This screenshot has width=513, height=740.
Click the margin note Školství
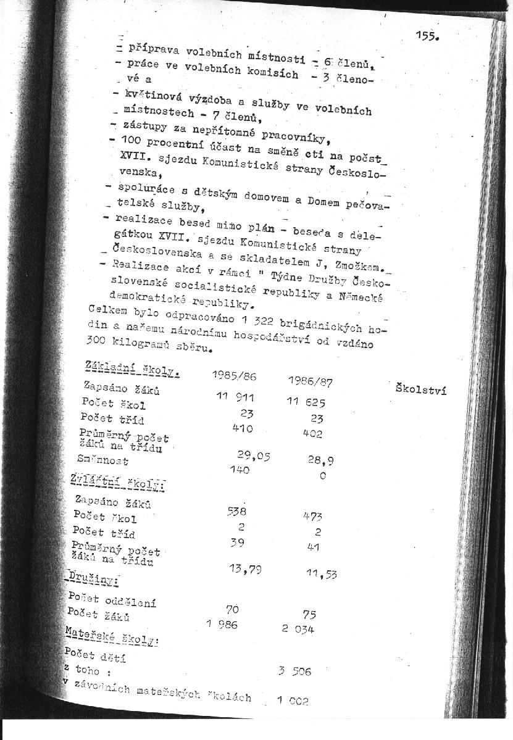pyautogui.click(x=420, y=389)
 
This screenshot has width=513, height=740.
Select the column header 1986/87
pyautogui.click(x=310, y=381)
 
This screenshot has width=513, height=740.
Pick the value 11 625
pyautogui.click(x=306, y=402)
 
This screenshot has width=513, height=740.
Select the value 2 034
pyautogui.click(x=298, y=629)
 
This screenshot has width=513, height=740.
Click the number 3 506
pyautogui.click(x=294, y=671)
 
